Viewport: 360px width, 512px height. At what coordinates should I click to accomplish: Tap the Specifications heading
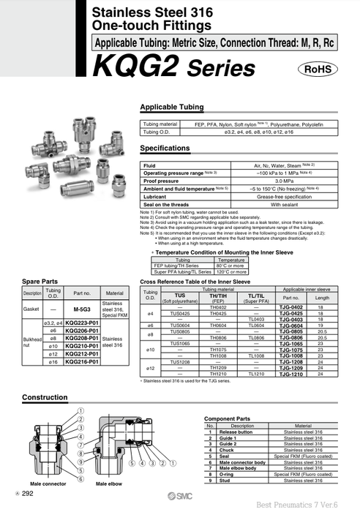[x=169, y=148]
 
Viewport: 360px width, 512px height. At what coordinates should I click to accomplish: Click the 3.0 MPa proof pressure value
[x=263, y=180]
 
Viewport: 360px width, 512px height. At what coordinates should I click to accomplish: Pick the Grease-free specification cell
[x=263, y=196]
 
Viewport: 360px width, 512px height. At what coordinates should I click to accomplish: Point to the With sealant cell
[x=263, y=204]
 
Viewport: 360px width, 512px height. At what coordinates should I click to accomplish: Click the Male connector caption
[x=48, y=485]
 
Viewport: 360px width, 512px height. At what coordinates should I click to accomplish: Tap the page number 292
[x=29, y=494]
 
